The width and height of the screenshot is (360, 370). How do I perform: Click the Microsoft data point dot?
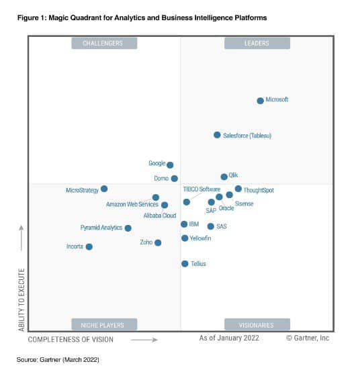tap(261, 101)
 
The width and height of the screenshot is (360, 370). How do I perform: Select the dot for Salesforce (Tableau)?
tap(217, 135)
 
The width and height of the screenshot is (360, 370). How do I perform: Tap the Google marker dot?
tap(170, 165)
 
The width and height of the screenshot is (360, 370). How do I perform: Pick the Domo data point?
tap(175, 179)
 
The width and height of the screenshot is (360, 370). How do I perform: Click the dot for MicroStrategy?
tap(104, 189)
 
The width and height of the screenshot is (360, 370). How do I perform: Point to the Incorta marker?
tap(89, 246)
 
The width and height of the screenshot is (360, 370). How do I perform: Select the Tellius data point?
tap(185, 264)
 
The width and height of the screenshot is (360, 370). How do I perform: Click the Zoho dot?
tap(158, 242)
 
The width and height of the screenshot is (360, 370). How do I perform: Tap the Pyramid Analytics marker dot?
tap(128, 228)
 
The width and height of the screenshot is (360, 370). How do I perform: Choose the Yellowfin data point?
tap(185, 238)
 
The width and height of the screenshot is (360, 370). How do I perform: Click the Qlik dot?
tap(224, 177)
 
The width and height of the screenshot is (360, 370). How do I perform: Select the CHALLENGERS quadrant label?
tap(103, 44)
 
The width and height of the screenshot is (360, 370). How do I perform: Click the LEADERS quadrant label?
tap(257, 44)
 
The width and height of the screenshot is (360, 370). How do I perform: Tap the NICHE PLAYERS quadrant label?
tap(103, 325)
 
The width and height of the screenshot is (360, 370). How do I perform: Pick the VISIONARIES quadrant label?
tap(257, 325)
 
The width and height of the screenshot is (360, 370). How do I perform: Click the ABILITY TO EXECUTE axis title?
tap(22, 299)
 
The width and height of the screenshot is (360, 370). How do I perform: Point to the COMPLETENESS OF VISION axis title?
tap(71, 340)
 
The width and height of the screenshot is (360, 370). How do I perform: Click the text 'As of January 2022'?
tap(229, 338)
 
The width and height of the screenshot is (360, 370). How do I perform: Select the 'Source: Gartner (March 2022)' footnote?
tap(58, 360)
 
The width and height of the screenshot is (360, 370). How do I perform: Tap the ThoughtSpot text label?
tap(259, 190)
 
